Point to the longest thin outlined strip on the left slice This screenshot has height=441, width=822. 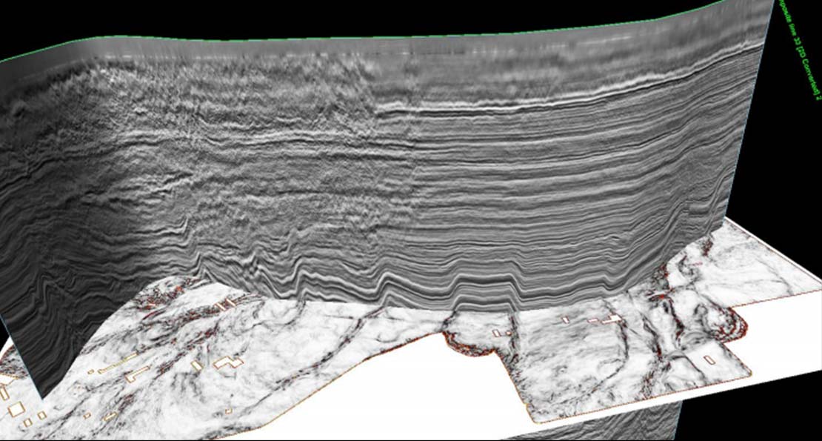119,362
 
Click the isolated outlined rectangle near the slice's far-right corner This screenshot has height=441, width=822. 709,360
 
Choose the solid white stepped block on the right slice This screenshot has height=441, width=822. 612,319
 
